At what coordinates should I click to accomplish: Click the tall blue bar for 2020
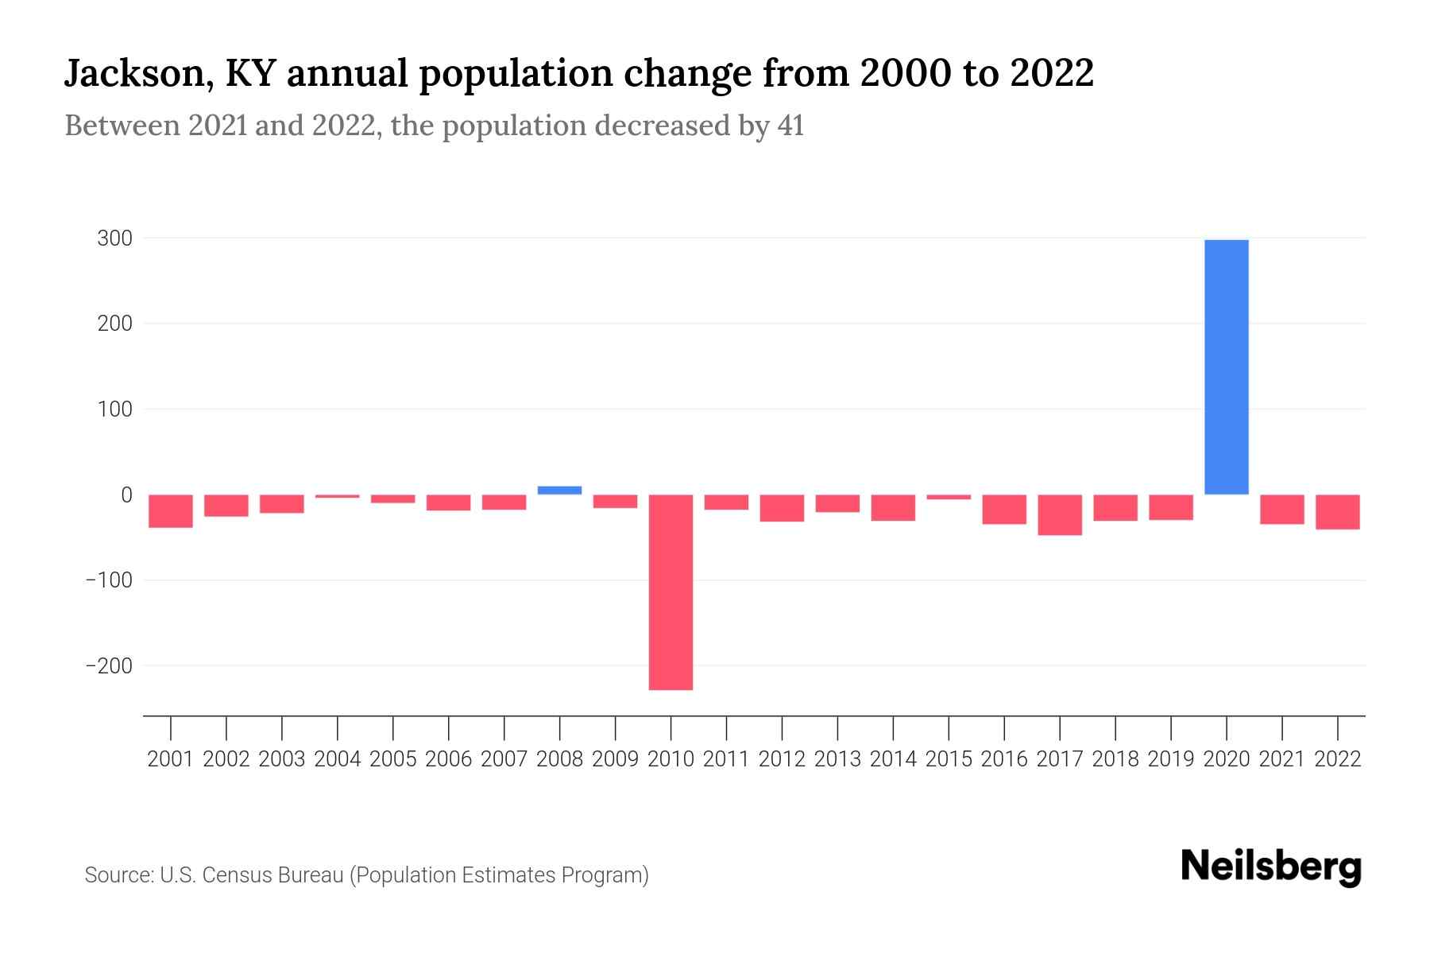pyautogui.click(x=1226, y=366)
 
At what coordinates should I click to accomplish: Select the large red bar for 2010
pyautogui.click(x=671, y=591)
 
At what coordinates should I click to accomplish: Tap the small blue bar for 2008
pyautogui.click(x=559, y=490)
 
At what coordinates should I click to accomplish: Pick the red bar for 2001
pyautogui.click(x=171, y=510)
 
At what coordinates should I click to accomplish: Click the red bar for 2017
pyautogui.click(x=1060, y=514)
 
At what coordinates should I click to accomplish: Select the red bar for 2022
pyautogui.click(x=1337, y=511)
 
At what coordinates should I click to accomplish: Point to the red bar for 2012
pyautogui.click(x=782, y=507)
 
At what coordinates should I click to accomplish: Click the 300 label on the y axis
pyautogui.click(x=114, y=238)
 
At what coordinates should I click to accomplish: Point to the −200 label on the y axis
pyautogui.click(x=109, y=665)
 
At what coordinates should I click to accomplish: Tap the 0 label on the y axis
pyautogui.click(x=126, y=494)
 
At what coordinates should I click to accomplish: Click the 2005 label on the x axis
pyautogui.click(x=393, y=759)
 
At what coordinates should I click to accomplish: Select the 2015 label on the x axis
pyautogui.click(x=949, y=759)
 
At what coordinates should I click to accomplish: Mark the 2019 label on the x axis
pyautogui.click(x=1171, y=759)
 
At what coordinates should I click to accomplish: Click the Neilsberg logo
pyautogui.click(x=1271, y=867)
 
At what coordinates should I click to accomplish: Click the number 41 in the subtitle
pyautogui.click(x=790, y=126)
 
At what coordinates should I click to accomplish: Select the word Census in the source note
pyautogui.click(x=238, y=875)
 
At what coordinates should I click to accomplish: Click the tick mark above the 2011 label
pyautogui.click(x=726, y=727)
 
